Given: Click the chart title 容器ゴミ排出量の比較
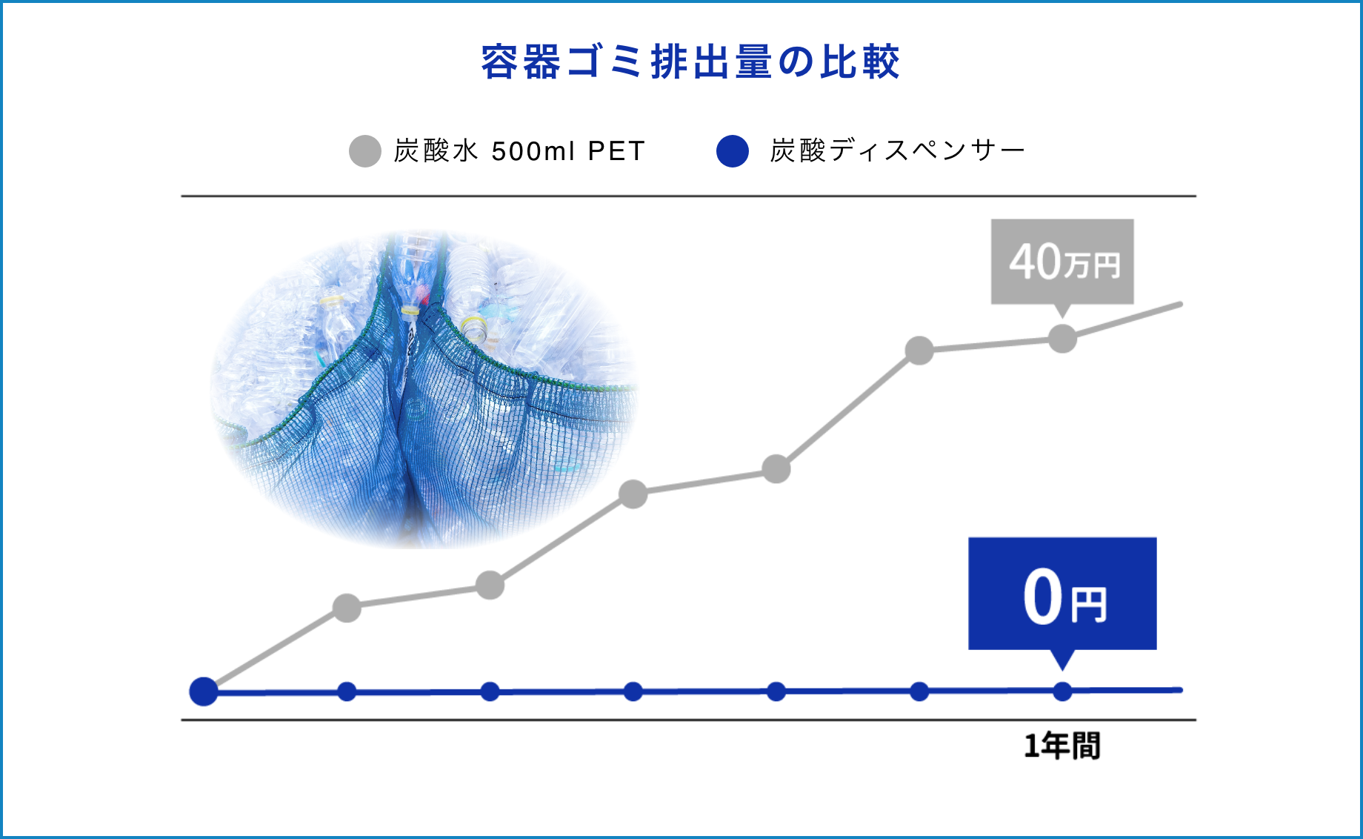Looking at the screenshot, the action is coord(690,62).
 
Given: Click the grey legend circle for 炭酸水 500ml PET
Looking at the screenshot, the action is coord(364,151).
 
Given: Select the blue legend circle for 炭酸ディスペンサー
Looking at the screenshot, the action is coord(733,151).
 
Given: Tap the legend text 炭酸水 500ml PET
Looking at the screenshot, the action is coord(519,151).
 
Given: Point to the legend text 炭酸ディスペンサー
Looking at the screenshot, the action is coord(898,151).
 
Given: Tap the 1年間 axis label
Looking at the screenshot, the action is coord(1062,746).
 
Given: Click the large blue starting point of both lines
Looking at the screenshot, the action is coord(204,692).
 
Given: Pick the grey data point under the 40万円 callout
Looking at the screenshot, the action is coord(1062,339).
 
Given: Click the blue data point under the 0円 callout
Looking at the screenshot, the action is coord(1062,692).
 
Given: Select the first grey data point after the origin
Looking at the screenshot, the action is coord(347,608).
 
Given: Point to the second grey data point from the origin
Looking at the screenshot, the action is coord(490,586).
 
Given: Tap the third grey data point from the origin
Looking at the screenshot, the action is coord(633,494).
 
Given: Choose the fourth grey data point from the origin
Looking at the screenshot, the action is coord(776,469).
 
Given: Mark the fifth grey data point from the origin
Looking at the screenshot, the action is coord(919,351).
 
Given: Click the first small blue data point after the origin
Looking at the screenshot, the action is coord(347,692).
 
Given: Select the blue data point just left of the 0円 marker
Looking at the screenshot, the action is coord(919,692).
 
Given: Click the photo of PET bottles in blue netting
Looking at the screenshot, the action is coord(424,389).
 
